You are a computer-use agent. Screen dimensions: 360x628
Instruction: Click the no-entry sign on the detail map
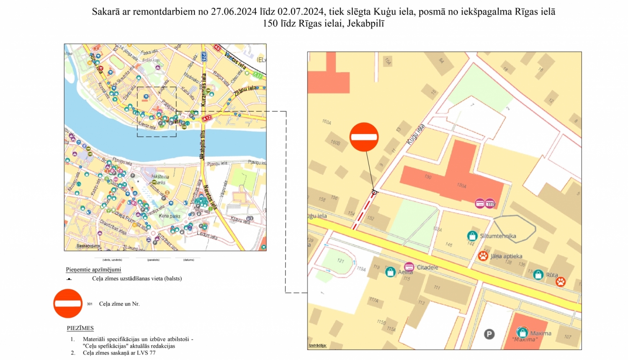pos(364,137)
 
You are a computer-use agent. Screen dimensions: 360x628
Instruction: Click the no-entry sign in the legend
pos(68,303)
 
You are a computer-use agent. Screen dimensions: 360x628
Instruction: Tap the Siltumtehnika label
pos(498,236)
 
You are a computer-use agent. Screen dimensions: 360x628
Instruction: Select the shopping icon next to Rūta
pos(538,275)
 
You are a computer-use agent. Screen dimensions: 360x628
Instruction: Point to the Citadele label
pos(427,267)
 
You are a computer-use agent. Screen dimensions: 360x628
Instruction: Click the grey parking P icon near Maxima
pos(489,334)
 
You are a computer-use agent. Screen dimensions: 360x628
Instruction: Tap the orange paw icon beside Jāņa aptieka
pos(483,256)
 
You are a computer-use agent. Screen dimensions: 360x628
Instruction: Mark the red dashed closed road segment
pos(363,213)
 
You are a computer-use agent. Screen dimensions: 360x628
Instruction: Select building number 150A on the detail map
pos(461,185)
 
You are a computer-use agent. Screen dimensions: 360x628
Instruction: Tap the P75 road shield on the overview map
pos(203,57)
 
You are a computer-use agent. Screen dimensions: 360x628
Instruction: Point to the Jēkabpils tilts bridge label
pos(203,145)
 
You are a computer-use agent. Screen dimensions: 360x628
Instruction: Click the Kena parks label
pos(170,216)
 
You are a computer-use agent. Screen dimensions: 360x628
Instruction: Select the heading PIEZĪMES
pos(80,328)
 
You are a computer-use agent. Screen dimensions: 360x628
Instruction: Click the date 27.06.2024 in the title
pos(234,12)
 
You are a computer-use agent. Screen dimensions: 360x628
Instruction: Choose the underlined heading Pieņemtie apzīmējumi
pos(93,270)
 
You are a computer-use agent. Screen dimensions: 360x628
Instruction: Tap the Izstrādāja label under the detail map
pos(317,345)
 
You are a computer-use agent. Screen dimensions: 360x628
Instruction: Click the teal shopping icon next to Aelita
pos(390,272)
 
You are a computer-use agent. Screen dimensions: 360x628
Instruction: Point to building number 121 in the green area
pos(340,261)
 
